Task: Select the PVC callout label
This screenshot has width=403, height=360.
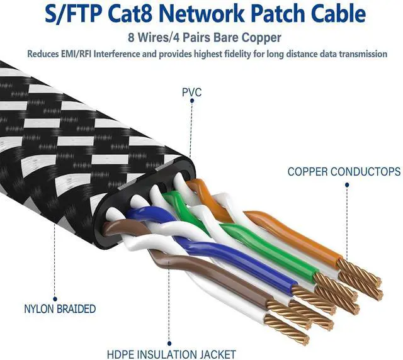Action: click(191, 92)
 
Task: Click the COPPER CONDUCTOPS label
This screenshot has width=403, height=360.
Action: click(344, 171)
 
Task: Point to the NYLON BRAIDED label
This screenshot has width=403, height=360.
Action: click(60, 309)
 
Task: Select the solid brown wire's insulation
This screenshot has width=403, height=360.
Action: click(208, 277)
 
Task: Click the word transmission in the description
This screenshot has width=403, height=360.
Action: click(363, 54)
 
